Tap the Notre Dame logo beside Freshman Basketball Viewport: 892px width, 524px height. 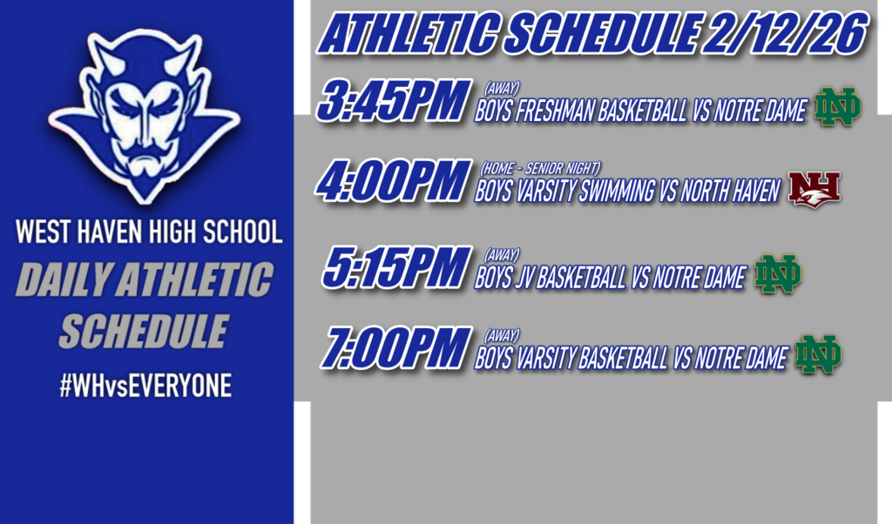[x=837, y=108]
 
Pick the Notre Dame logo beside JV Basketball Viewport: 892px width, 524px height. [x=777, y=274]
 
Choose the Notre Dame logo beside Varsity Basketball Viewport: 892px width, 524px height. [x=818, y=354]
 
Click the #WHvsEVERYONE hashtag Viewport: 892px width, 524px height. [x=145, y=386]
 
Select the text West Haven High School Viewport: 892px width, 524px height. [x=149, y=233]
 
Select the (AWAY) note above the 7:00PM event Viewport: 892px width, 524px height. [x=502, y=334]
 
